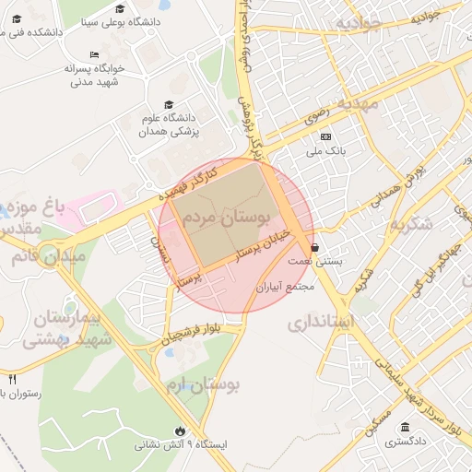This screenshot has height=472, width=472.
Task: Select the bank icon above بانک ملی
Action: coord(324,136)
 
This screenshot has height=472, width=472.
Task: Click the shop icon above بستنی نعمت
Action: coord(316,247)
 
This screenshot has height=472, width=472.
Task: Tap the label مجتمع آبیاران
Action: coord(286,288)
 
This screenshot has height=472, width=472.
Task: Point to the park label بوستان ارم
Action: coord(198,384)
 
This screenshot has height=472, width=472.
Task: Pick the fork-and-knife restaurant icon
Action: coord(12,379)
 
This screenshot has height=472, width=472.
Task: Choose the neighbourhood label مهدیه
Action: coord(357,103)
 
